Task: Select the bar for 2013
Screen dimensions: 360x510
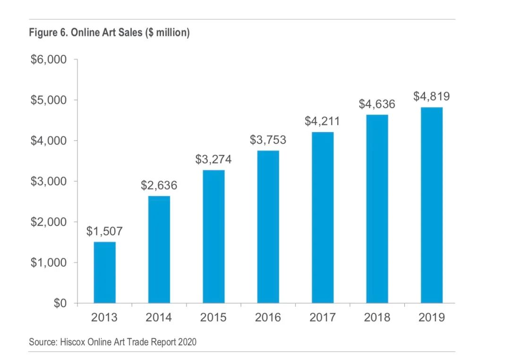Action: [105, 272]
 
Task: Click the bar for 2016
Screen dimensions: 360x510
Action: [268, 226]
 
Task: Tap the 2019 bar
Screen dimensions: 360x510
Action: [432, 205]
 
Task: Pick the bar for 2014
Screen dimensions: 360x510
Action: [159, 249]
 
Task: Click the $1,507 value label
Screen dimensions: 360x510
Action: [104, 231]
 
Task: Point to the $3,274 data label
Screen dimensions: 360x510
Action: [213, 159]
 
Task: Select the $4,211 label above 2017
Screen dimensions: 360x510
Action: [322, 121]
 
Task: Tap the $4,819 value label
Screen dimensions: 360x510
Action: [432, 97]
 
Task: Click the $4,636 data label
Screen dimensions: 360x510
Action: [377, 104]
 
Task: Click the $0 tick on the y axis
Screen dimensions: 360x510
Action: [59, 303]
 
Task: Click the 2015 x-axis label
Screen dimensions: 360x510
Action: [213, 318]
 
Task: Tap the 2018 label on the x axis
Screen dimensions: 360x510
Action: [377, 318]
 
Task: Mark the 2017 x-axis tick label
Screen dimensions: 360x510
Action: [323, 318]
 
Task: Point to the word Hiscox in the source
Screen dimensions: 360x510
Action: [71, 342]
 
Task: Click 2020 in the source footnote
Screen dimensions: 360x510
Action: [187, 342]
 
